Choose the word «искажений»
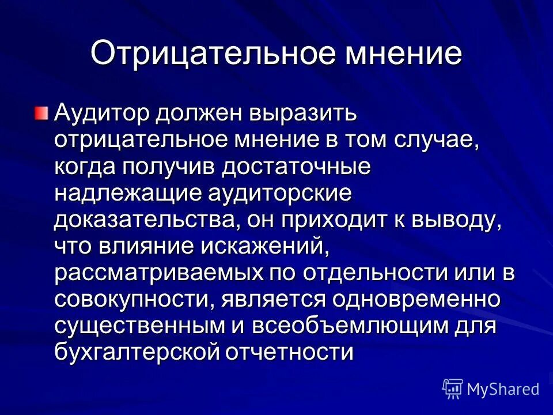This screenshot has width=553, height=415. click(266, 248)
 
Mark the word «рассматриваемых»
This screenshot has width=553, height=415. click(157, 274)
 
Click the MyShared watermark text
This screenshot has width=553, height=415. click(503, 388)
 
